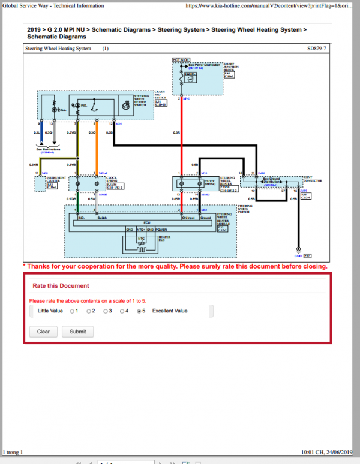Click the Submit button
[x=77, y=331]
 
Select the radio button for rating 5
[x=140, y=311]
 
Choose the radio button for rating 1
[x=72, y=311]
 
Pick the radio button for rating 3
[x=106, y=311]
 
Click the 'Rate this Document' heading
[x=61, y=286]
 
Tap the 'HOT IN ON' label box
[x=181, y=60]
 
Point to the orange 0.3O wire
[x=95, y=150]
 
